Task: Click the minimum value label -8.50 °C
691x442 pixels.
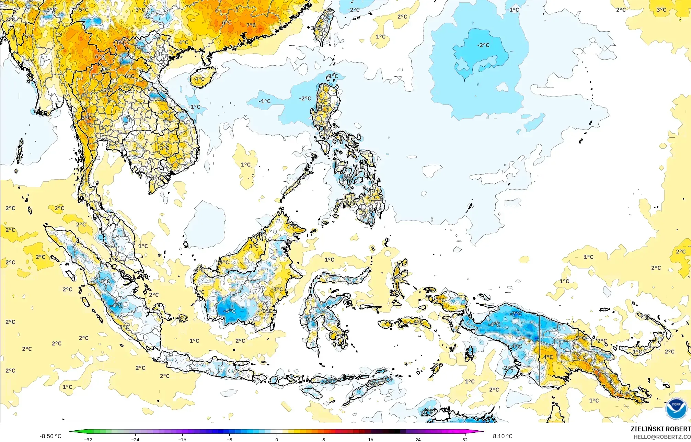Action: [50, 436]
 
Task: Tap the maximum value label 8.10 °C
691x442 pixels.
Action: [503, 436]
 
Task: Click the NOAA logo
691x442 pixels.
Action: [676, 408]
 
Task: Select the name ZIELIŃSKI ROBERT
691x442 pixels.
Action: [660, 429]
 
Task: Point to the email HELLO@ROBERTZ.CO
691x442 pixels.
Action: [662, 437]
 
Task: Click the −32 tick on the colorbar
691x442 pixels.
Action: [88, 439]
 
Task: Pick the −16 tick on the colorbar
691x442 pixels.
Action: [182, 439]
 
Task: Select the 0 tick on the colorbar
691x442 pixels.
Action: [277, 439]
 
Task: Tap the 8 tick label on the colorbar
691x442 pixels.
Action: [324, 439]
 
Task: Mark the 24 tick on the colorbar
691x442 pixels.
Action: [418, 439]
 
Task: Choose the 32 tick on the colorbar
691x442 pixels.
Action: [465, 439]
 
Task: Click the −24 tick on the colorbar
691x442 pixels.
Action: [135, 439]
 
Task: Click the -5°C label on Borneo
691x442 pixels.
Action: [229, 311]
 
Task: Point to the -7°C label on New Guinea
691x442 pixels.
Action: [516, 314]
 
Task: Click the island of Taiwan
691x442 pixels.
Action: [324, 26]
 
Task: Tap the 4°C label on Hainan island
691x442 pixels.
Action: [199, 79]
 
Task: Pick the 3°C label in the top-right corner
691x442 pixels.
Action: [661, 10]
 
